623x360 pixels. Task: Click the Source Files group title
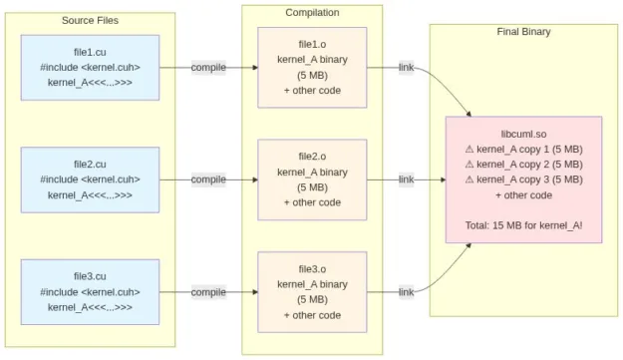tap(90, 20)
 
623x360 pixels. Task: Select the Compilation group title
tap(312, 12)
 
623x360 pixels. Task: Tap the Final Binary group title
tap(523, 32)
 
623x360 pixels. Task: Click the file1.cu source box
tap(90, 68)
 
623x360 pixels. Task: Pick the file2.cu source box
tap(90, 180)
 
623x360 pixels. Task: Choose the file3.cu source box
tap(90, 291)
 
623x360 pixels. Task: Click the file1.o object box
tap(312, 68)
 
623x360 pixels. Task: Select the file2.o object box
tap(312, 180)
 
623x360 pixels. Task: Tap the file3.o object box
tap(312, 291)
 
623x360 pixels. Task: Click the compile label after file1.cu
tap(208, 68)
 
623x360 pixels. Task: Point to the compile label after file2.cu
tap(208, 180)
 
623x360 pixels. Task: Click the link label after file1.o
tap(406, 68)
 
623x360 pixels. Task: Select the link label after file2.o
tap(406, 180)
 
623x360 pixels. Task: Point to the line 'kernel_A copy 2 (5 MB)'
tap(529, 165)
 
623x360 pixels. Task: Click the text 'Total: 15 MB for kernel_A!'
tap(523, 225)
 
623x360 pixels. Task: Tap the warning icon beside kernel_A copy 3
tap(469, 180)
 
